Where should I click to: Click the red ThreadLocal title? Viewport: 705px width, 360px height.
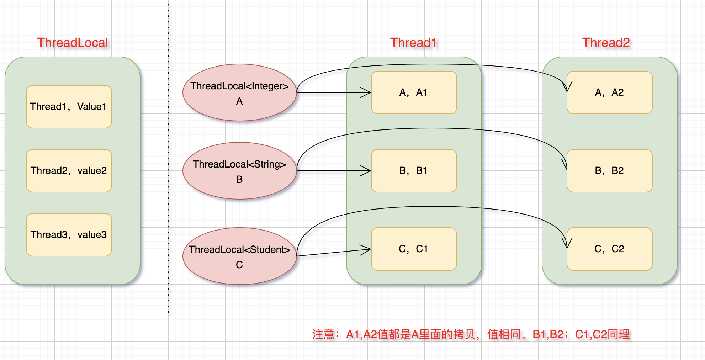click(73, 43)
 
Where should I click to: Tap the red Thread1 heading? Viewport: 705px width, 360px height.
click(413, 43)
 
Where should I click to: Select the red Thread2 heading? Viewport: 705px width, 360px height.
click(606, 43)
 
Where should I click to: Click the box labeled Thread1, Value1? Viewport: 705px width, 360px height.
click(69, 107)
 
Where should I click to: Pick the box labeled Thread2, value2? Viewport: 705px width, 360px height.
click(69, 171)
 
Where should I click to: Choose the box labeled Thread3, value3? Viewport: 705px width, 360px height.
click(69, 235)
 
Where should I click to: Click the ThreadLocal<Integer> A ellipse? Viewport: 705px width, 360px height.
click(240, 92)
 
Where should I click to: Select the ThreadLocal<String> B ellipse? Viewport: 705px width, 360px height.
click(240, 171)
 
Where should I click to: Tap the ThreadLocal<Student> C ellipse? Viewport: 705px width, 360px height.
click(240, 256)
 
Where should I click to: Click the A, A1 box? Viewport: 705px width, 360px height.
click(414, 92)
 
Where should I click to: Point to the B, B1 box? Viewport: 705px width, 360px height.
click(414, 171)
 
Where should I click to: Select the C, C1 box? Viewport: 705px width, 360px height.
click(414, 249)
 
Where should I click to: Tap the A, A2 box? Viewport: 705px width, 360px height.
click(610, 92)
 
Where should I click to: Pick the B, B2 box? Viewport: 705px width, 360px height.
click(610, 171)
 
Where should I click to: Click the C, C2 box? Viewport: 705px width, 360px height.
click(610, 249)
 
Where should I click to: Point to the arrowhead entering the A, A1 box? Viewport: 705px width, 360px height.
click(366, 92)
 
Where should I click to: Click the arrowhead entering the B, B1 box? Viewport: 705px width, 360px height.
click(366, 171)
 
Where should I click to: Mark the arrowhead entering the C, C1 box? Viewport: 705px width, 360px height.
click(366, 249)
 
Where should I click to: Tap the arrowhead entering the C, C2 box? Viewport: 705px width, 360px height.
click(567, 244)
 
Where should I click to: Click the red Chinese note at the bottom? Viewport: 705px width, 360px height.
click(471, 334)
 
